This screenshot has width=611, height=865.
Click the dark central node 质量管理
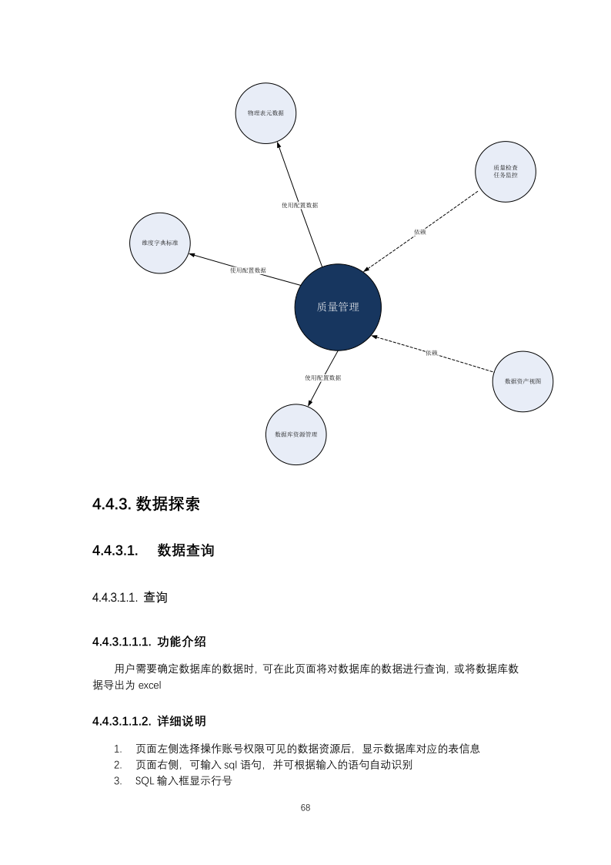pos(338,307)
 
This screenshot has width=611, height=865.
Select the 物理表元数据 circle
pos(265,113)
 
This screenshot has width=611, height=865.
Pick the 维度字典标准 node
pos(159,243)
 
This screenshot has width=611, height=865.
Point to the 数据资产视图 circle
pos(523,381)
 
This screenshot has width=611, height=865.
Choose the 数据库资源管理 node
pos(296,434)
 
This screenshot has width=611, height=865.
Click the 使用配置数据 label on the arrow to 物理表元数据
pos(299,206)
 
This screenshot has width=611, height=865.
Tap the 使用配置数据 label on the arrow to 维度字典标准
pos(248,270)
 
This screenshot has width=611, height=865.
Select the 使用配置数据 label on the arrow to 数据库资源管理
pos(322,377)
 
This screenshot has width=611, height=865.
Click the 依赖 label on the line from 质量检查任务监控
pos(419,232)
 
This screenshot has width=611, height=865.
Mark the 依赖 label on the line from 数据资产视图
pos(431,353)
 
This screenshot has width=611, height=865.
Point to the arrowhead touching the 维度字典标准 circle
pos(192,254)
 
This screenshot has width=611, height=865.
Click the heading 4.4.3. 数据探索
pos(146,504)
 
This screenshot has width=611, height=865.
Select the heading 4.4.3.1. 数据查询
pos(153,550)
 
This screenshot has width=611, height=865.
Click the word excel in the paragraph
pos(149,685)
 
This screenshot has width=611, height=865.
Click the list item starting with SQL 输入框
pos(183,781)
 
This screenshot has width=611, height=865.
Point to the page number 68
pos(305,808)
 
